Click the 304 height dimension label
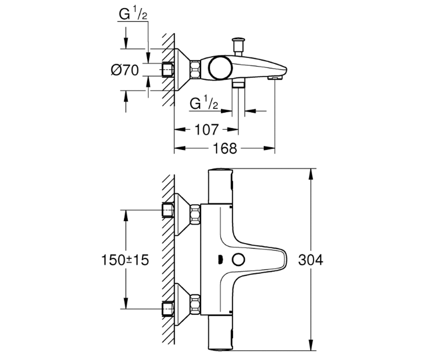310,260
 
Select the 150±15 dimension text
125,260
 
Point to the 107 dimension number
207,130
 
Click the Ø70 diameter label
125,70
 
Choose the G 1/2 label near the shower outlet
204,102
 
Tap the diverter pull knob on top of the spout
238,46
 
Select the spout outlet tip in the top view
275,78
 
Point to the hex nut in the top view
195,69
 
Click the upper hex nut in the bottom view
195,214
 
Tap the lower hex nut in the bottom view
195,304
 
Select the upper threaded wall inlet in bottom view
167,210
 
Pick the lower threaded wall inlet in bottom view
167,309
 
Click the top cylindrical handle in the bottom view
220,186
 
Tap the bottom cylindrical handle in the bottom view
220,333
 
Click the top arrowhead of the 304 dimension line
311,176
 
